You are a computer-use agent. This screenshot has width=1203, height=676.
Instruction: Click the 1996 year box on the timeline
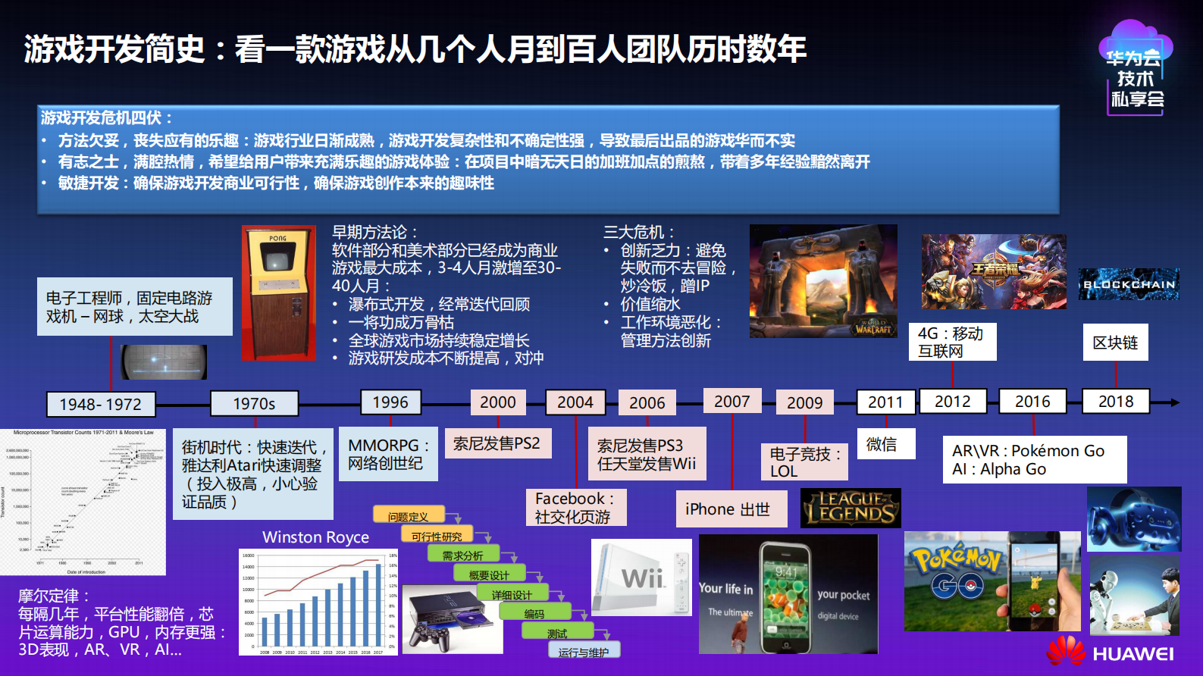390,402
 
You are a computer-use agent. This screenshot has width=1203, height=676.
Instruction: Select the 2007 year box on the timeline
732,402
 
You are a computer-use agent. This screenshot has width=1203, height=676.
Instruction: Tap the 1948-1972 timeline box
101,405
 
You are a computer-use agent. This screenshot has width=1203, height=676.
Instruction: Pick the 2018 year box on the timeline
1116,402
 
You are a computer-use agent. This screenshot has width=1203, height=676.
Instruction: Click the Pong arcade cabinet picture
279,293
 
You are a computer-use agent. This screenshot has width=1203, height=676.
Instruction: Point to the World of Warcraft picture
823,281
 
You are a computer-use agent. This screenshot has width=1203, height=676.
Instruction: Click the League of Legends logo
851,508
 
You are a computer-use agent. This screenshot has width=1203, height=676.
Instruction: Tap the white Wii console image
641,577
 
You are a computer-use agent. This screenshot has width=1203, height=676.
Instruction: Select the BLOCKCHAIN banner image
1129,284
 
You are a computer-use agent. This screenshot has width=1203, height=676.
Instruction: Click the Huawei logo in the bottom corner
1110,653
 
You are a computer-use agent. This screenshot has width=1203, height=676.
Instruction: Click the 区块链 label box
1115,343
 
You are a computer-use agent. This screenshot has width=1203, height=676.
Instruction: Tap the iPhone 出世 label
728,509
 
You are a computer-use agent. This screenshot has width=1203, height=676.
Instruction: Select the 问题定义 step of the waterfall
408,516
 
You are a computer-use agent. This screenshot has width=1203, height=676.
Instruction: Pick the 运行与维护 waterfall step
583,651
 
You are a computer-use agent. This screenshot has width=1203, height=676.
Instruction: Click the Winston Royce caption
315,537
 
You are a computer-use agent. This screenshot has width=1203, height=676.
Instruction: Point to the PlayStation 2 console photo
453,619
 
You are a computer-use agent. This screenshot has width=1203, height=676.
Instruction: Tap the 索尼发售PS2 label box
497,443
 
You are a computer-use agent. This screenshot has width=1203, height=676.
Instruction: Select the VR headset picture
1134,519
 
